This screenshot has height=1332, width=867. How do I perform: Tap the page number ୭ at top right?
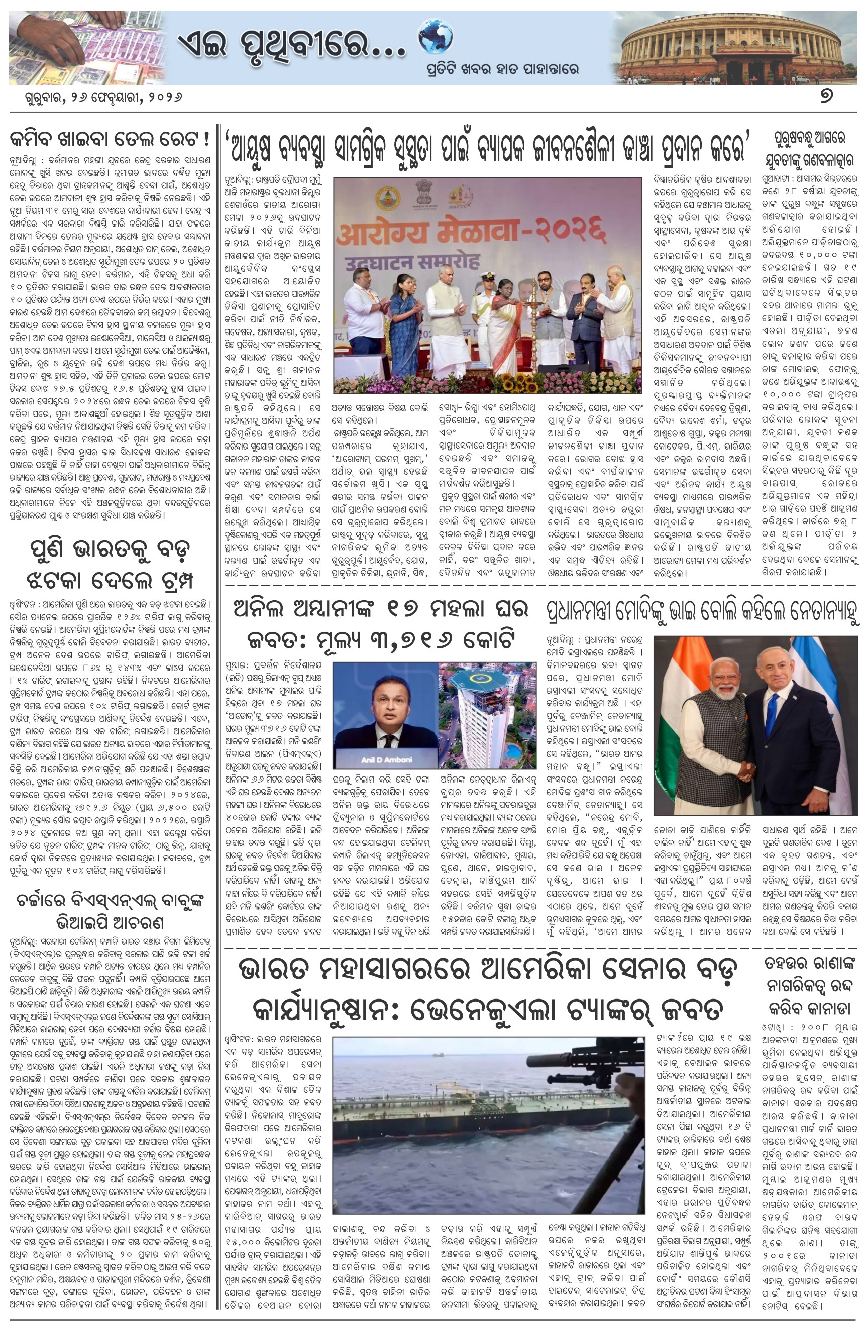point(826,96)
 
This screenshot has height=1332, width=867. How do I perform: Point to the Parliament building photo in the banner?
point(735,47)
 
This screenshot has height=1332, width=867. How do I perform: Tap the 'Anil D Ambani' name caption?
point(384,759)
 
